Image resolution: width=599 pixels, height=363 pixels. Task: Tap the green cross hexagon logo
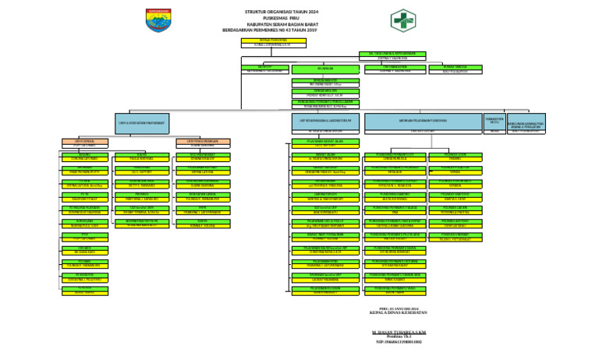[x=403, y=19]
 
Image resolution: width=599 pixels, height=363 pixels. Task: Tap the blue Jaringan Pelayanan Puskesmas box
[x=422, y=122]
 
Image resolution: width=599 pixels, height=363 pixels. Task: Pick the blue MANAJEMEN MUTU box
[x=494, y=122]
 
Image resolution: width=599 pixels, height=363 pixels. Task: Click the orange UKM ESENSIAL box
[x=84, y=142]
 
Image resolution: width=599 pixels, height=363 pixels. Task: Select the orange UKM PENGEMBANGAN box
[x=203, y=142]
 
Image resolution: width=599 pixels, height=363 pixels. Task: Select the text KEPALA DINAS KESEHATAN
[x=399, y=312]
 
